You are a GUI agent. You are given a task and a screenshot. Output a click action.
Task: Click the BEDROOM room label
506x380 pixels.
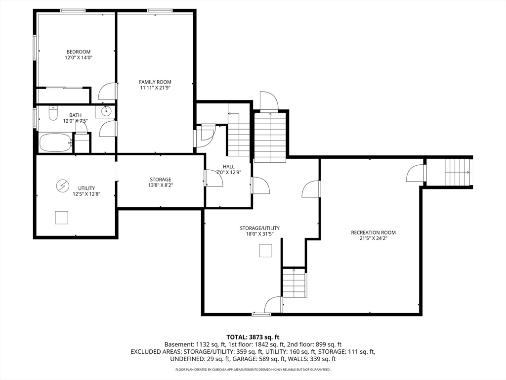(79, 51)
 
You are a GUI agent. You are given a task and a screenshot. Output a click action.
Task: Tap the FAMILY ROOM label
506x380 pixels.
(155, 82)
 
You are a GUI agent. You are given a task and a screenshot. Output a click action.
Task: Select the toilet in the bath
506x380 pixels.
(52, 113)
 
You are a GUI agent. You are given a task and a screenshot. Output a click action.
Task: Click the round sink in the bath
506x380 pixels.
(106, 111)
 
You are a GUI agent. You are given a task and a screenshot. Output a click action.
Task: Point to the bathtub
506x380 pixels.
(55, 142)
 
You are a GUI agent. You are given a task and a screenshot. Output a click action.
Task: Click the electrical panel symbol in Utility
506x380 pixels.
(62, 186)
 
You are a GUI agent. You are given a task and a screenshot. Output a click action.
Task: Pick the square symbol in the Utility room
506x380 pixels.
(61, 218)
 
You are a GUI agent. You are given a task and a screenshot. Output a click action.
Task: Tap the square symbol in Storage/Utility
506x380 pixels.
(265, 251)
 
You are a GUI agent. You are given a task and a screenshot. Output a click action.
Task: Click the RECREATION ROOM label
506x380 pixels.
(374, 233)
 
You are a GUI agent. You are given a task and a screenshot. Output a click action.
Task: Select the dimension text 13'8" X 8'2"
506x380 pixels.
(161, 186)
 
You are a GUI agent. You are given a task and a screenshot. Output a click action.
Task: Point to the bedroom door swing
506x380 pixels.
(107, 92)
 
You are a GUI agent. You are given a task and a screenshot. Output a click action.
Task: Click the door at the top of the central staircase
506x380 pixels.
(269, 101)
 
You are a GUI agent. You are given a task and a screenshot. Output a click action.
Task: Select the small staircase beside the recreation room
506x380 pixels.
(295, 283)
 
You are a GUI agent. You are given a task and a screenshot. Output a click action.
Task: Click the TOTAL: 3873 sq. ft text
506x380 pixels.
(253, 337)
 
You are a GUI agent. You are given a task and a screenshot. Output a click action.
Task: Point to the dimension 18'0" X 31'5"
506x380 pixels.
(260, 234)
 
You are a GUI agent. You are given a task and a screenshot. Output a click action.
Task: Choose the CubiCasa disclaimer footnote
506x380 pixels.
(253, 369)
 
